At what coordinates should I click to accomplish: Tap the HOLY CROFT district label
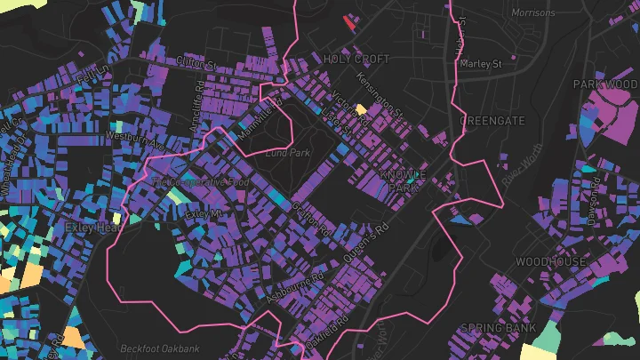tap(356, 59)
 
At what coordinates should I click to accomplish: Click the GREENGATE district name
tap(492, 119)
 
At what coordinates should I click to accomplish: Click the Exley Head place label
tap(92, 228)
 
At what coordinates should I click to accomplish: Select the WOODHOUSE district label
tap(550, 262)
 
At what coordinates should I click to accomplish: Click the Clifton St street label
tap(196, 65)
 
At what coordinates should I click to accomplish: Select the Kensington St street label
tap(380, 97)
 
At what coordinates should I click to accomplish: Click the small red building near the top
tap(348, 22)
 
